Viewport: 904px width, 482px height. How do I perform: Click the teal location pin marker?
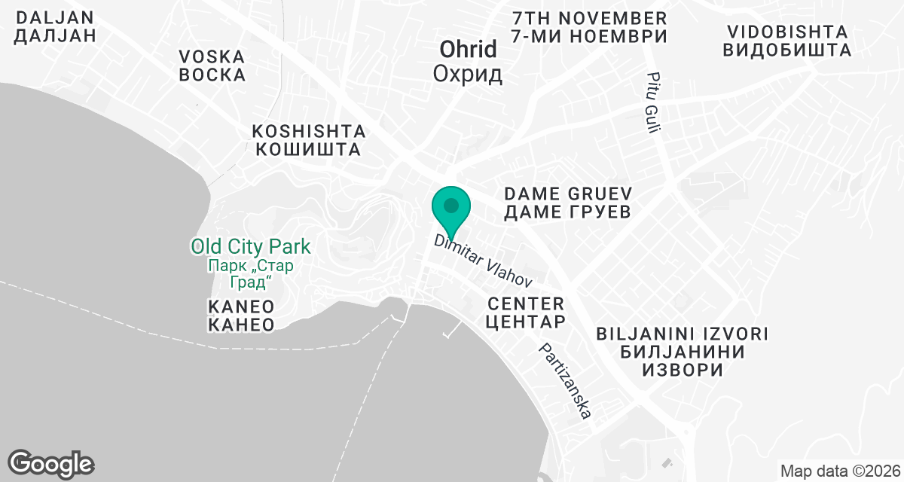[451, 207]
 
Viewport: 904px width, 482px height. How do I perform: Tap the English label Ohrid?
[468, 50]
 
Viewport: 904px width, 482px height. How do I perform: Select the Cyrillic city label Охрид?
[468, 75]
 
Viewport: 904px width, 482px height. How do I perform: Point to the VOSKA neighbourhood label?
[212, 56]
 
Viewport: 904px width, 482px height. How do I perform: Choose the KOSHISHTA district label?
[308, 130]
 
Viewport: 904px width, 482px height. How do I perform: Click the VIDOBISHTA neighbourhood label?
[786, 32]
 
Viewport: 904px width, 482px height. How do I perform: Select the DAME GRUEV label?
[567, 194]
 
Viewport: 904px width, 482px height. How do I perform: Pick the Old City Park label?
[251, 246]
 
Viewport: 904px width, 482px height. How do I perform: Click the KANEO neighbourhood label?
[240, 307]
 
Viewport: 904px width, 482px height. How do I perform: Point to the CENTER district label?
[526, 304]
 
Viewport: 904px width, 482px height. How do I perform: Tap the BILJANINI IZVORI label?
[682, 334]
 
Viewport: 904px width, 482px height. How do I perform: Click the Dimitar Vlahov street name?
[484, 261]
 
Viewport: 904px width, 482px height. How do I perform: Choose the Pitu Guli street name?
[652, 103]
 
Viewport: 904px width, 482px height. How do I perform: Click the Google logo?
[50, 463]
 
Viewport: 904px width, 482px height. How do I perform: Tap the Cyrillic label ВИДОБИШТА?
[786, 50]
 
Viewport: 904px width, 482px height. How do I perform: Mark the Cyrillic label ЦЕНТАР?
[526, 322]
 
